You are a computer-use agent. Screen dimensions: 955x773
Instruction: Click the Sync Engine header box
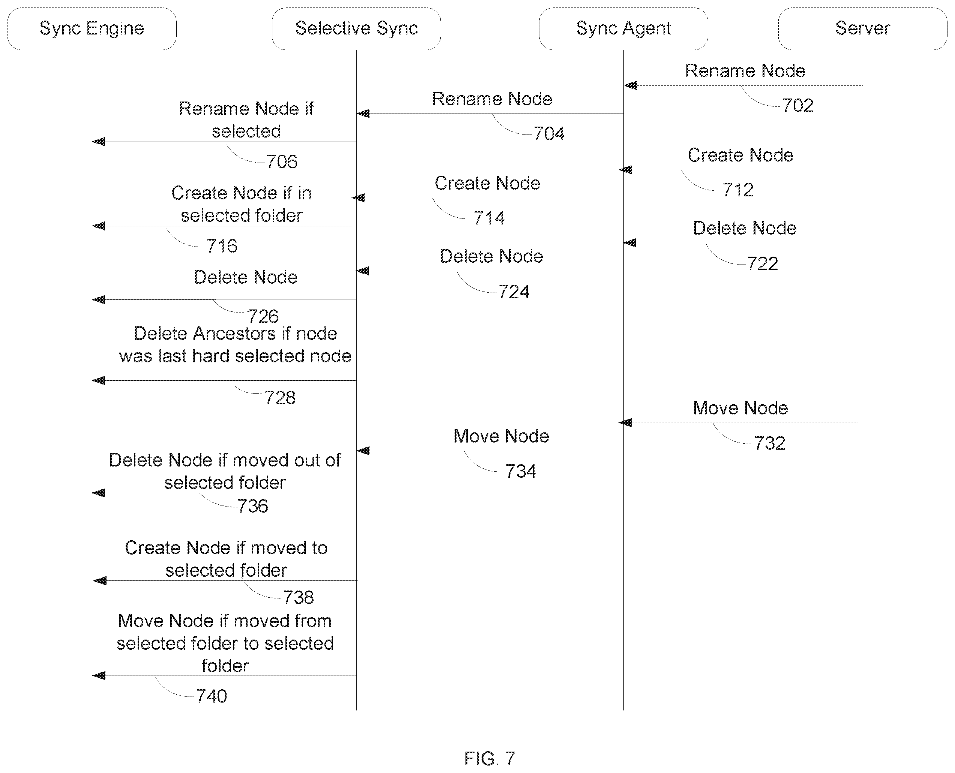(x=92, y=28)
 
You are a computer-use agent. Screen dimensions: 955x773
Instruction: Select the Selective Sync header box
(x=356, y=28)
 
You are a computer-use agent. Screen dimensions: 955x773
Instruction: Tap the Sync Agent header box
(x=623, y=28)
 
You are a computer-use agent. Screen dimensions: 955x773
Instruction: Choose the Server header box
(x=863, y=28)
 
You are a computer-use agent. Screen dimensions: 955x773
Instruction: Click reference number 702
(x=798, y=106)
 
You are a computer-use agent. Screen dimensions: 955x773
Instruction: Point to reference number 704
(x=549, y=134)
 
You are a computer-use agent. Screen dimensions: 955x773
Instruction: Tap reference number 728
(x=280, y=398)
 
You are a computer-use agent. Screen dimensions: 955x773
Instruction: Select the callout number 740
(x=212, y=696)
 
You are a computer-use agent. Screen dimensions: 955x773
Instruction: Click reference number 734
(x=521, y=471)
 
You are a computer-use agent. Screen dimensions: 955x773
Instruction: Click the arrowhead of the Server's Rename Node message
(x=630, y=85)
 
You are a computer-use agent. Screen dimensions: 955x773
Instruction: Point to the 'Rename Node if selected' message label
(x=246, y=120)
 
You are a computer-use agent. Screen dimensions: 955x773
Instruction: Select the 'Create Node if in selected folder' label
(x=242, y=204)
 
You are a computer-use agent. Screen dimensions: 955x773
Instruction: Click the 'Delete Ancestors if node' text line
(x=235, y=333)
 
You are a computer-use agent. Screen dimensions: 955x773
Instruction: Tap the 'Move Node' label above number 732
(x=740, y=408)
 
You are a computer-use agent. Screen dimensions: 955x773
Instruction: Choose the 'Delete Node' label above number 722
(x=745, y=228)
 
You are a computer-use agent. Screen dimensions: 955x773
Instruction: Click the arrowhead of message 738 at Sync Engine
(x=100, y=581)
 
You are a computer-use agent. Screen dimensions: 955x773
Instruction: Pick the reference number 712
(x=738, y=190)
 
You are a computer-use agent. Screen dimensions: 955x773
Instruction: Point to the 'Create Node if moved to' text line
(x=226, y=548)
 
